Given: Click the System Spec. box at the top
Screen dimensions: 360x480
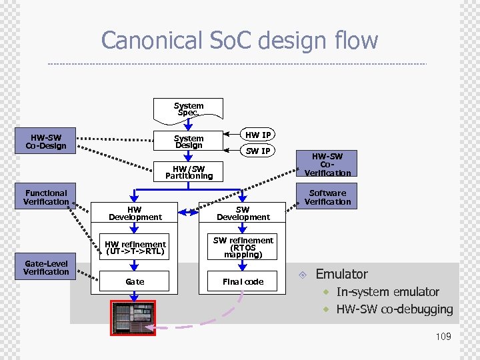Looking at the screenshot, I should pos(189,109).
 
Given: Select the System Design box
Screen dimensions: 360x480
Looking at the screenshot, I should pos(189,142).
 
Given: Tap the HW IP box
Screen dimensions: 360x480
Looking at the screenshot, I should pos(258,135).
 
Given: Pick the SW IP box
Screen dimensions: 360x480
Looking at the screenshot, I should pos(258,151).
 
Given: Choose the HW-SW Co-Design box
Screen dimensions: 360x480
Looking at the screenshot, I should pos(46,141).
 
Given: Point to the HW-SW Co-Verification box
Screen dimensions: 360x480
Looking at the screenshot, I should pos(327,164).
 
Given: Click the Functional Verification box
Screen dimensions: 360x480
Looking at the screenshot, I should pos(46,197).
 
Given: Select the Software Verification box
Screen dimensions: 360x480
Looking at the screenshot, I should pos(327,197).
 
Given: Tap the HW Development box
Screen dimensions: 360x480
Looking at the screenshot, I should pos(135,213).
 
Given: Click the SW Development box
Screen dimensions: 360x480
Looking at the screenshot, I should pos(243,213).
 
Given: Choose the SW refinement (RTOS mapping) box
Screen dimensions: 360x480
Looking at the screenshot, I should pos(243,247).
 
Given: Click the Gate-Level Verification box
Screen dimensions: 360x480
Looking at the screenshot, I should pos(46,267).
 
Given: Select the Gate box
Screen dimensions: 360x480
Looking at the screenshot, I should pos(135,282).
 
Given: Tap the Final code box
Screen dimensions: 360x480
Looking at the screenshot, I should pos(243,282).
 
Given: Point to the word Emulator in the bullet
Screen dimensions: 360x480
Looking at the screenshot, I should pos(341,274).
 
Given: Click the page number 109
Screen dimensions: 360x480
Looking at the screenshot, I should pos(443,337).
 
